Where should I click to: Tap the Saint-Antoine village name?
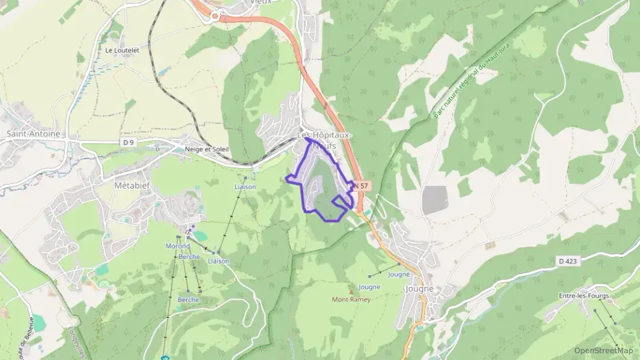(x=33, y=134)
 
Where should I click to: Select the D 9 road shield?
(x=128, y=141)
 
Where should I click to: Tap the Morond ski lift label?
(x=177, y=246)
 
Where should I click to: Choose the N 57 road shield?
(x=360, y=185)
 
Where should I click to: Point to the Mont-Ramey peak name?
(x=351, y=299)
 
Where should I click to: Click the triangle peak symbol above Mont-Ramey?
(x=352, y=290)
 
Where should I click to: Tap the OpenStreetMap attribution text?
(x=604, y=350)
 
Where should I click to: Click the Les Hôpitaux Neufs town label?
(x=323, y=139)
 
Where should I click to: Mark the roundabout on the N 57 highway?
(x=215, y=15)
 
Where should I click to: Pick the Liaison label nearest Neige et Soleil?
(x=245, y=186)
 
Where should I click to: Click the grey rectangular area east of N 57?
(x=435, y=199)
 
